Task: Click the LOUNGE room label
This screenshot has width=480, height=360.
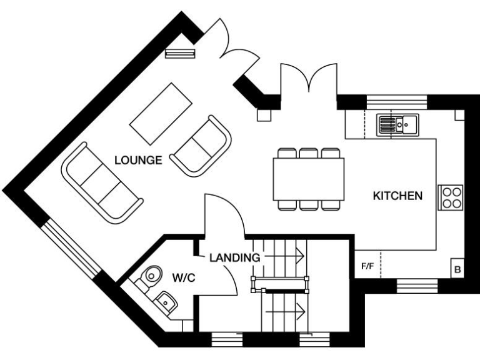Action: coord(138,160)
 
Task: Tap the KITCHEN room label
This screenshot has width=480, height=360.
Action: coord(397,196)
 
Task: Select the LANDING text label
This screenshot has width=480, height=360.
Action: coord(234,257)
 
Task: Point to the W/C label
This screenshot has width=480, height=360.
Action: coord(184,277)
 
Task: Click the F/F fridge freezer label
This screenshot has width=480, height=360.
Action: coord(367,267)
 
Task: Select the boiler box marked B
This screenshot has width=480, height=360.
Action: coord(457,270)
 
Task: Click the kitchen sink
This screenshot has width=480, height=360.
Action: coord(397,125)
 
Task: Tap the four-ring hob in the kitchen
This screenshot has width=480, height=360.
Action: coord(451,197)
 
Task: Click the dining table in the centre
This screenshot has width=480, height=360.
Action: coord(308,178)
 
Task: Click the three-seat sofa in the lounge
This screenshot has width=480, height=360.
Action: coord(102,182)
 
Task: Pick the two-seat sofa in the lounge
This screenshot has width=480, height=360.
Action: coord(201,145)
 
